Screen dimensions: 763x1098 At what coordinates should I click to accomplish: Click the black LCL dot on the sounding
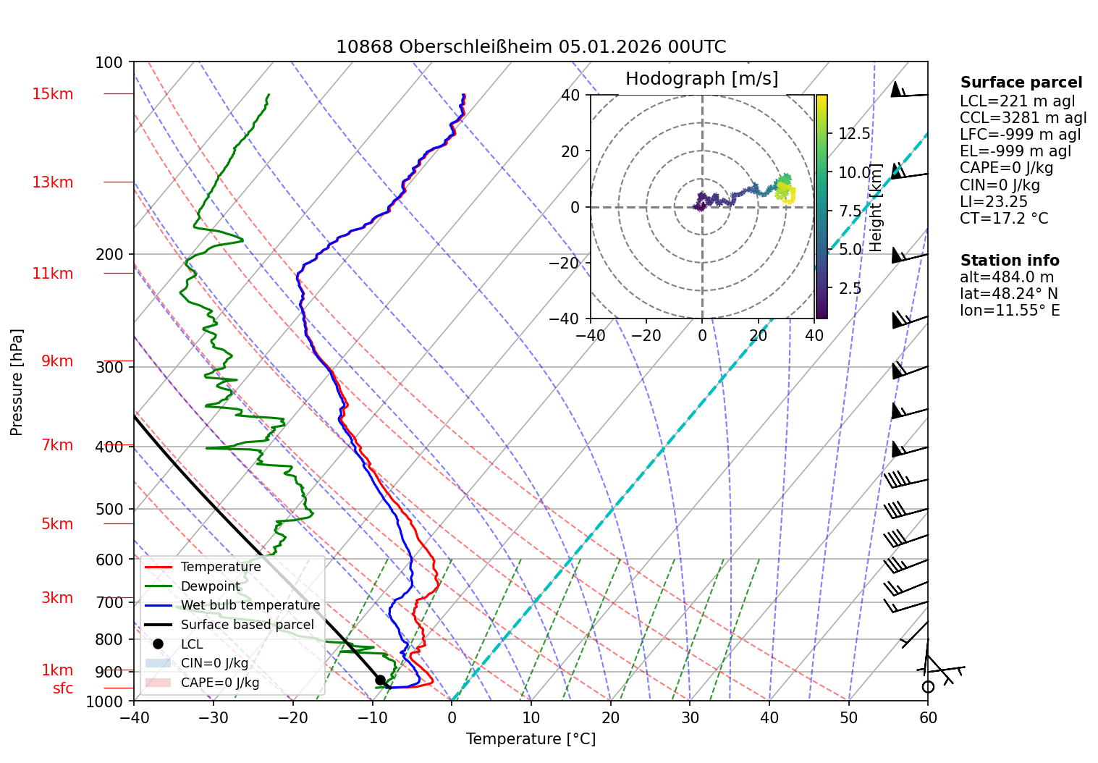[380, 680]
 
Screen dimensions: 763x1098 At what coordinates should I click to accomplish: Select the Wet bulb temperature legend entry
[250, 605]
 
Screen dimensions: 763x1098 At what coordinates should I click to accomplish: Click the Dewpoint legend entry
[210, 586]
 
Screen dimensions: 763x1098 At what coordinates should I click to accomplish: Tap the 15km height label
[52, 94]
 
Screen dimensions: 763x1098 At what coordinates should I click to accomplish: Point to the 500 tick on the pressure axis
[109, 509]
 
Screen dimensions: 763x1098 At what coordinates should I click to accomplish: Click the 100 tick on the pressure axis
[109, 63]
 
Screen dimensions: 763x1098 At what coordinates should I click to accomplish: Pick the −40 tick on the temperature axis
[134, 717]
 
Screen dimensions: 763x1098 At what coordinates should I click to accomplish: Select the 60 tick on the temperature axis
[928, 717]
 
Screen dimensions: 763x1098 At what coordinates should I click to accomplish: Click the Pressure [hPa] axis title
[17, 382]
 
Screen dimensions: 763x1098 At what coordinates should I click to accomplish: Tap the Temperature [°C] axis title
[531, 739]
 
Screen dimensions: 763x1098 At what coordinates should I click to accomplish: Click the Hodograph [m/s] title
[701, 79]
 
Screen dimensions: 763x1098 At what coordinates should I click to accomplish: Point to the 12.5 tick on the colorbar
[854, 133]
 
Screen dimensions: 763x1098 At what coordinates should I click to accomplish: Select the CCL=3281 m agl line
[1023, 118]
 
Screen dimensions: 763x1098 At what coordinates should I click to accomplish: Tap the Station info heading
[1009, 261]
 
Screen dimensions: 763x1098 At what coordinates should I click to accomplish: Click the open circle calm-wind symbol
[928, 686]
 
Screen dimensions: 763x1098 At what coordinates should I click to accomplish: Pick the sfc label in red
[63, 688]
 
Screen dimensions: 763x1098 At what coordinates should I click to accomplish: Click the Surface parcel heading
[1021, 83]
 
